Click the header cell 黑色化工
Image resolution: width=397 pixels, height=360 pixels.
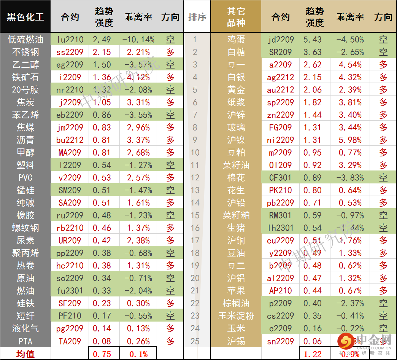pos(25,17)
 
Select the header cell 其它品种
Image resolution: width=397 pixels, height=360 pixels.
pos(236,17)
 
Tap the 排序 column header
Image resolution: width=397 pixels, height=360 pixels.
pos(197,17)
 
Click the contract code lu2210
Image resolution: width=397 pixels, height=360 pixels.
pos(70,39)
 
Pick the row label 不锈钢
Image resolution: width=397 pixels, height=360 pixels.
pos(25,52)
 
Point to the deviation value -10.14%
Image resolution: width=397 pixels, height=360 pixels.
pos(138,39)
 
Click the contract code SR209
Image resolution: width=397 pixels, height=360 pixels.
pos(280,52)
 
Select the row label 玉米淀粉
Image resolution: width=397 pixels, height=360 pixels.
pos(236,316)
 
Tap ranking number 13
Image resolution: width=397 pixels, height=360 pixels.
pos(195,190)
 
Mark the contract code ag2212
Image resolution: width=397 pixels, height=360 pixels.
pos(280,77)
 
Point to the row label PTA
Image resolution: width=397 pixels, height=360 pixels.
pos(25,341)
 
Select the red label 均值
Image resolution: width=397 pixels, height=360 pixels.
pos(25,354)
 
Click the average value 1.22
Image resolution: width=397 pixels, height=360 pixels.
pos(312,354)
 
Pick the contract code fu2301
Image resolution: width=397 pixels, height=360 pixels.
pos(70,291)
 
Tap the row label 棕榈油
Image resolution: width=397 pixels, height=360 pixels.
pos(236,303)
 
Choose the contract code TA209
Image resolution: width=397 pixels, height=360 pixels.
pos(70,341)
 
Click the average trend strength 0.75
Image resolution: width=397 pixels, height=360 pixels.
pos(102,354)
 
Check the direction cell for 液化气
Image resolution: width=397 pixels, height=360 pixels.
pos(170,328)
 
